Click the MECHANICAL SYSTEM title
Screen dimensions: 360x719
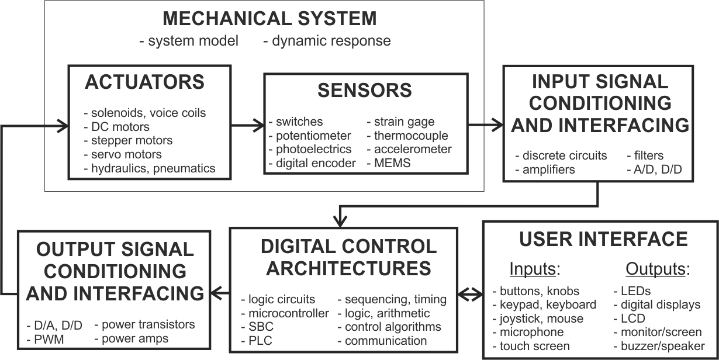[269, 18]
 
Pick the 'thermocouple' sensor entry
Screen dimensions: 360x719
[407, 136]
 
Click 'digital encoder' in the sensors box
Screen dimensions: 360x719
[312, 163]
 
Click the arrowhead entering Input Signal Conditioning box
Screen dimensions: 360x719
[497, 124]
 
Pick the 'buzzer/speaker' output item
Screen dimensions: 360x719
[659, 346]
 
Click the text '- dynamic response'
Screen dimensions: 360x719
[327, 41]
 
